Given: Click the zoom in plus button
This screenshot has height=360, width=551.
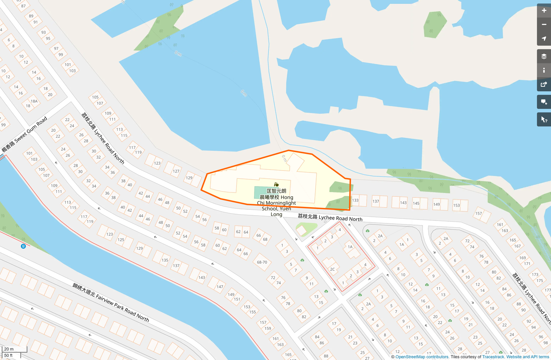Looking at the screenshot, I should pos(544,11).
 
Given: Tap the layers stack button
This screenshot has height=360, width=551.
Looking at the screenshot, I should pos(544,56).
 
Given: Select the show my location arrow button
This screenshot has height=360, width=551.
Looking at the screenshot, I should pos(544,39).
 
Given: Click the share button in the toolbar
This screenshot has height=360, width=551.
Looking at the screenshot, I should pos(544,84).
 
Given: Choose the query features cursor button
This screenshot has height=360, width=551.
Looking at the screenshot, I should pos(544,120).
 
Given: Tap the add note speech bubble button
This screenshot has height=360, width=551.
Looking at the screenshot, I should pos(544,102).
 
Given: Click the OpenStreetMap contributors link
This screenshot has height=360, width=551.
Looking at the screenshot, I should pos(422,357).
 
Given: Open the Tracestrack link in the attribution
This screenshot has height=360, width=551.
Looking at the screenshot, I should pos(493,357).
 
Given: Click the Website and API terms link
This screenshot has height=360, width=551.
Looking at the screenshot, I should pos(527,357).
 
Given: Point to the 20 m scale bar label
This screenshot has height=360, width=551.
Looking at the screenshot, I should pos(9,349).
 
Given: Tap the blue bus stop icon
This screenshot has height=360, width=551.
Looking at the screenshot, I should pos(23,246).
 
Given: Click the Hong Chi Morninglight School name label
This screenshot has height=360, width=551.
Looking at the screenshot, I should pos(277,203).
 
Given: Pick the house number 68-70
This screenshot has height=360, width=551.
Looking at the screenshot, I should pos(262,262).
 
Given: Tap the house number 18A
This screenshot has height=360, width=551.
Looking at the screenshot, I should pos(34,101).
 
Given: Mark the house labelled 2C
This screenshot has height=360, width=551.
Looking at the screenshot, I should pos(332,269).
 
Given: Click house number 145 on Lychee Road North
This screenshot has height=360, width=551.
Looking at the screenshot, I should pos(416,203).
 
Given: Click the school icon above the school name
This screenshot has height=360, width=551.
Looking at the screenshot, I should pos(276,184).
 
